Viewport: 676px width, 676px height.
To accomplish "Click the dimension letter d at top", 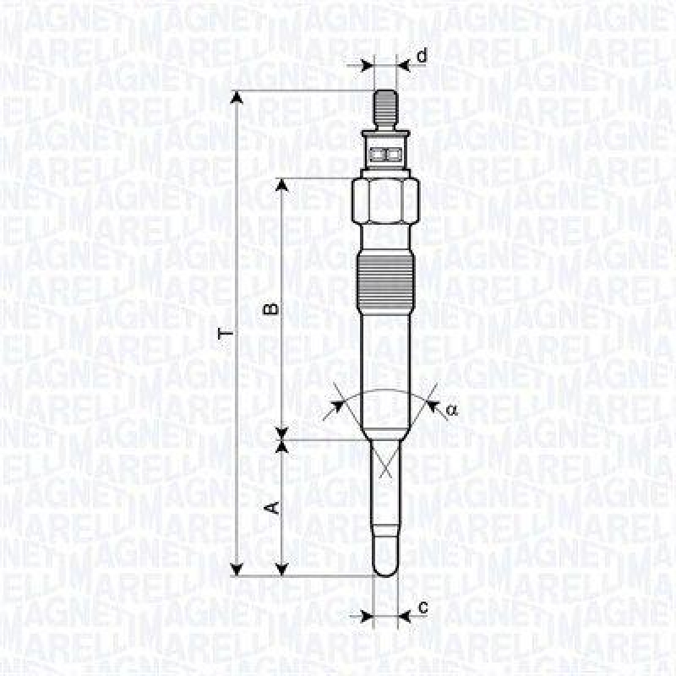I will [422, 55].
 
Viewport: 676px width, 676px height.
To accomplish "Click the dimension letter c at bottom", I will [422, 607].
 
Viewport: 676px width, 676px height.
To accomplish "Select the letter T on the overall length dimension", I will [224, 335].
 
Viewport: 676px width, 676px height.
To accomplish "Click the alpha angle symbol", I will [451, 410].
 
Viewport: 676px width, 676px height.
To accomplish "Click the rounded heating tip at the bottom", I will [385, 561].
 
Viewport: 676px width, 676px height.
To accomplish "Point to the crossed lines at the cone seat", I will [385, 461].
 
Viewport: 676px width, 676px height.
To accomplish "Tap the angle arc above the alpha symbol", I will [385, 391].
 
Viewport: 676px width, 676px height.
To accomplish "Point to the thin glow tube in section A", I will [385, 499].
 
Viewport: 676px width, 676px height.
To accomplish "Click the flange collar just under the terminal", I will [385, 134].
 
